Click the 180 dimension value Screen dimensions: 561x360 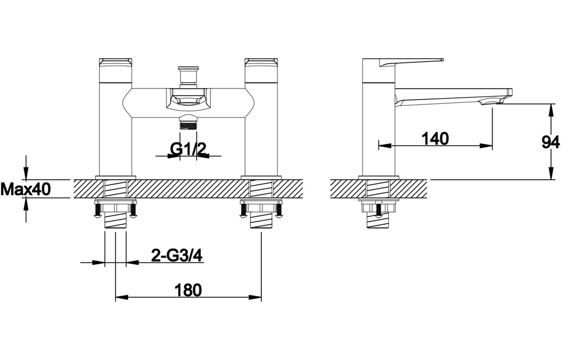188,290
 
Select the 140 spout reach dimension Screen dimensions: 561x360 435,138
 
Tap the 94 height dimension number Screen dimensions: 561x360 551,143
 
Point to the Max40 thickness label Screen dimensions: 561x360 25,189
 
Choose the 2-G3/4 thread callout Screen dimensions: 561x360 177,256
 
